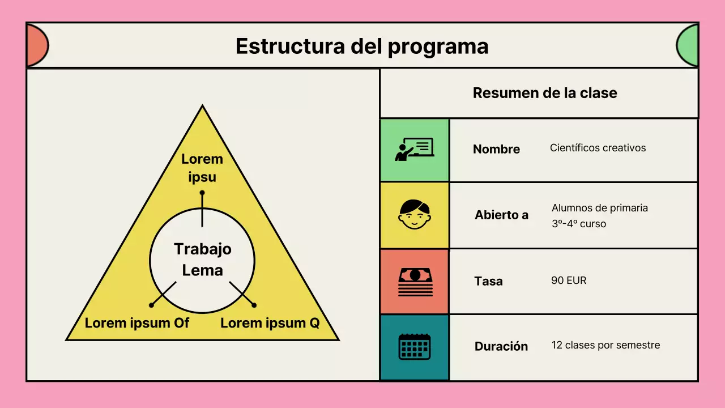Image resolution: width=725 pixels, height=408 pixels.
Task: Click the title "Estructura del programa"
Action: [362, 46]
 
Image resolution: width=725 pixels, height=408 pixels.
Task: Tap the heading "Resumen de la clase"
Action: [544, 93]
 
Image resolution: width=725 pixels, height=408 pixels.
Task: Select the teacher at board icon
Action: [414, 150]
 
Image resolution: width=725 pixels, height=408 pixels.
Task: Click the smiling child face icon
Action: [414, 215]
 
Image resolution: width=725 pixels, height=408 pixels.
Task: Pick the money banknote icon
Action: [415, 282]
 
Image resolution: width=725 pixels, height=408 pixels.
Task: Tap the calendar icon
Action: [415, 346]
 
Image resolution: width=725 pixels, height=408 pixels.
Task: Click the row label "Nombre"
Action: [496, 149]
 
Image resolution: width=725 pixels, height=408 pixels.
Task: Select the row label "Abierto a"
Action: [501, 215]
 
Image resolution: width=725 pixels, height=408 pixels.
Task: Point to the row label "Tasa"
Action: [488, 281]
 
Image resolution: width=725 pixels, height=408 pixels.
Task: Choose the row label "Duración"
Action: [501, 346]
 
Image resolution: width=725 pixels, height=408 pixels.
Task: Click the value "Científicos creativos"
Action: [598, 148]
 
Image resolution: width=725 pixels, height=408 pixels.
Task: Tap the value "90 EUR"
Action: [569, 280]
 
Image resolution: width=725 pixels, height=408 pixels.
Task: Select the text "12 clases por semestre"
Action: [605, 345]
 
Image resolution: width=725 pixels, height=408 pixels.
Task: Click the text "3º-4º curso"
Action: [579, 224]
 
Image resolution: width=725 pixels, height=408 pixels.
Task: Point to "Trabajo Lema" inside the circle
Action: [202, 259]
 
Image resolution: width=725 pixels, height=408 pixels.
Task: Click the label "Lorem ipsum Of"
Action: [137, 323]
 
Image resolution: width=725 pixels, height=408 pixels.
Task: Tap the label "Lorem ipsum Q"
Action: [270, 323]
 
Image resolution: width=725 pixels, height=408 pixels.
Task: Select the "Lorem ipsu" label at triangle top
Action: [202, 168]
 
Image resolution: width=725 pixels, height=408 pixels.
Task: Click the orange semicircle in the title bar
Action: [36, 46]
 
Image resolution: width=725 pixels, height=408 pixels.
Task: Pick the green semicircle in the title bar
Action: [688, 46]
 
